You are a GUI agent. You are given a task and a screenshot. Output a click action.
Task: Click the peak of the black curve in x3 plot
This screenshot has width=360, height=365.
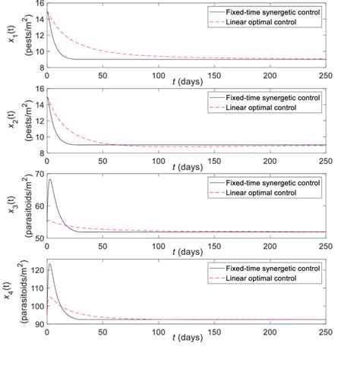[50, 179]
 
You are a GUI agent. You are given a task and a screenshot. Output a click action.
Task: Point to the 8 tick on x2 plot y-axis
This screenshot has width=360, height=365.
[39, 153]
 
